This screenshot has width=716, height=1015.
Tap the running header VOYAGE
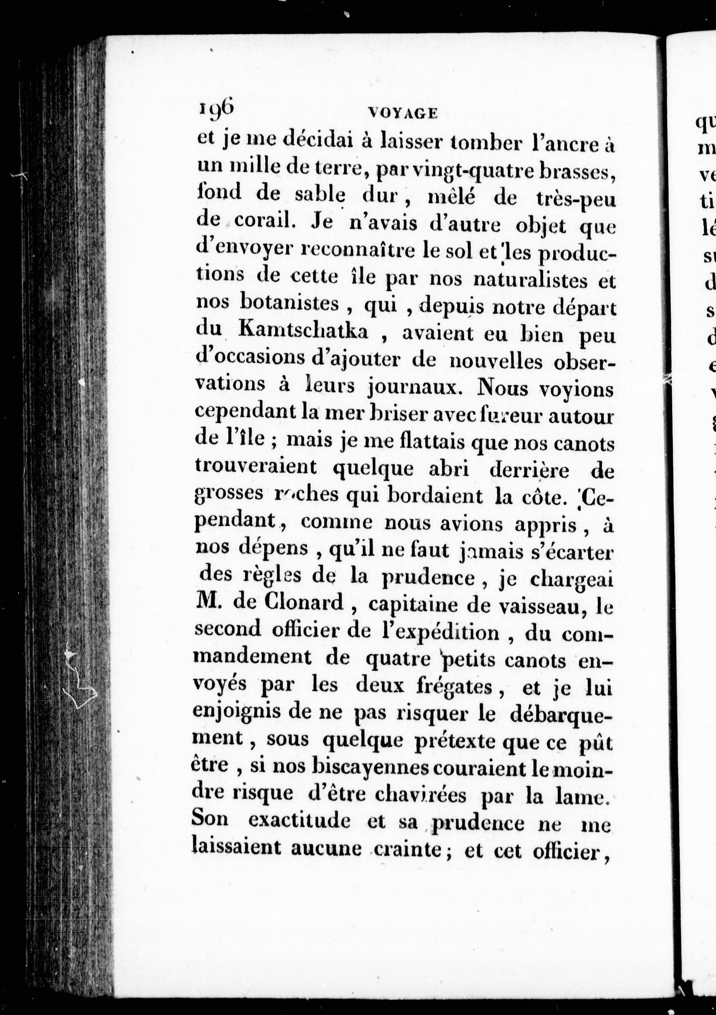tap(403, 114)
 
